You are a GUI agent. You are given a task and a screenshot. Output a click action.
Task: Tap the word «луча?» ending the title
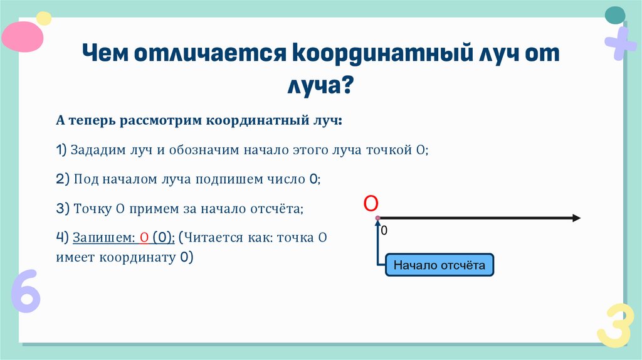[x=320, y=85]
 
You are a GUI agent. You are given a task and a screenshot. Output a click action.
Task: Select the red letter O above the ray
[x=371, y=203]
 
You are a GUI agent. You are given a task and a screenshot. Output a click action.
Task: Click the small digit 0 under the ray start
[x=384, y=231]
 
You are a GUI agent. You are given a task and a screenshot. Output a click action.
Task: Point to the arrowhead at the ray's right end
[x=575, y=218]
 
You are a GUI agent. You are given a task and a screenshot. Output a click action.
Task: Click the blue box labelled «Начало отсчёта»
[x=439, y=265]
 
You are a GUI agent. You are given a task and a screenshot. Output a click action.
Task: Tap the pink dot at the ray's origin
[x=377, y=218]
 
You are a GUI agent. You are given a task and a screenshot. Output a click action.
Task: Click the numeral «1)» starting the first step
[x=61, y=150]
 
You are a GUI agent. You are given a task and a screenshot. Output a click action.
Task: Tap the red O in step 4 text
[x=144, y=238]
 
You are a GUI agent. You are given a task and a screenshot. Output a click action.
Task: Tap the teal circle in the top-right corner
[x=614, y=14]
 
